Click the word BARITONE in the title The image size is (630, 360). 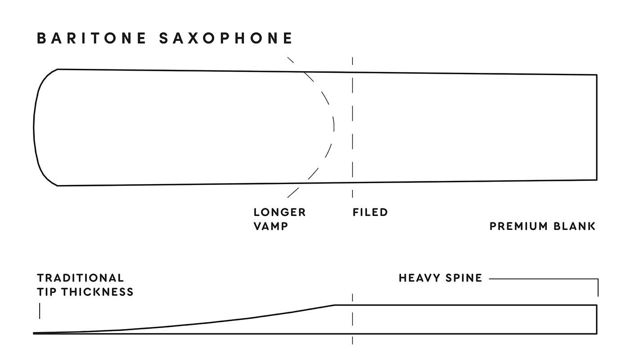pyautogui.click(x=92, y=38)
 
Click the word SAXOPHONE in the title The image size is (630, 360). pyautogui.click(x=226, y=38)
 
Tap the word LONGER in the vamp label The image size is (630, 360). pyautogui.click(x=279, y=212)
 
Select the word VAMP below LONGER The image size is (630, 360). pyautogui.click(x=270, y=226)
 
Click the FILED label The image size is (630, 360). pyautogui.click(x=370, y=212)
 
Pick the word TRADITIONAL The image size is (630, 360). pyautogui.click(x=80, y=278)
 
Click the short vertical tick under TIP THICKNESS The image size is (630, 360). pyautogui.click(x=40, y=310)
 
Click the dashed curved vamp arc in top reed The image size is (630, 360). pyautogui.click(x=333, y=126)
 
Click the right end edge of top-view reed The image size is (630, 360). pyautogui.click(x=597, y=127)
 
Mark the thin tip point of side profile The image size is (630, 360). pyautogui.click(x=35, y=333)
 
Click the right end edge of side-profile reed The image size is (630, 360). pyautogui.click(x=597, y=319)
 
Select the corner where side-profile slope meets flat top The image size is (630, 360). pyautogui.click(x=335, y=305)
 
